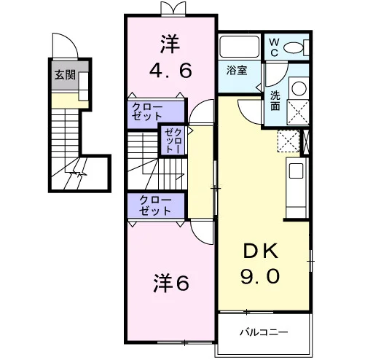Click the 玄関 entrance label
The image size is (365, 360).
(65, 74)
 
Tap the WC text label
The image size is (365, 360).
(274, 47)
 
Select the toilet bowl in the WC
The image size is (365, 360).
(294, 47)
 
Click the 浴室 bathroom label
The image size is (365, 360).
(237, 70)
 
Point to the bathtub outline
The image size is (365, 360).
(240, 46)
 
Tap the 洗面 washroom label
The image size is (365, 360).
(275, 101)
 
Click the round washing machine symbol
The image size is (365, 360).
(299, 88)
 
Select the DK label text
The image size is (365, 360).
(260, 251)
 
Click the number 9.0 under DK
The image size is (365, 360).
(260, 276)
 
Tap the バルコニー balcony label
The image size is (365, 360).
(264, 332)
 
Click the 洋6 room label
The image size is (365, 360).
(171, 283)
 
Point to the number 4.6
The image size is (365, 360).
(170, 71)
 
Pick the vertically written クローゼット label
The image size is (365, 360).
(173, 141)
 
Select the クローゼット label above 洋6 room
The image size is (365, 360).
(155, 206)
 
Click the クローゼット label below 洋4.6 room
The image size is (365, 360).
(147, 111)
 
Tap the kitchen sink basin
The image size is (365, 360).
(296, 171)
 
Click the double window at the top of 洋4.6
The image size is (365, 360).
(173, 8)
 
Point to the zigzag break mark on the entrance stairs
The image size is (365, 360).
(78, 173)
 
